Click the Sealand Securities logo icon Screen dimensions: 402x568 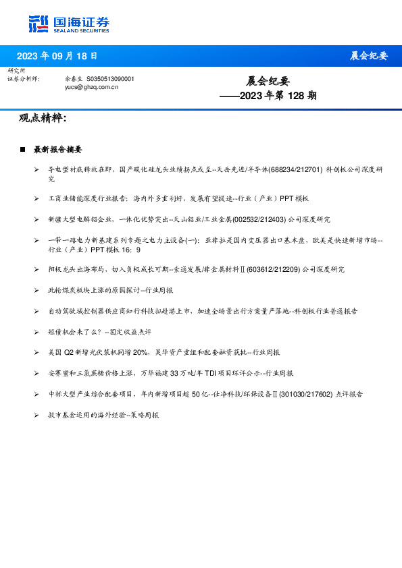[39, 24]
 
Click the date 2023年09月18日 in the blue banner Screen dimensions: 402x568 [57, 56]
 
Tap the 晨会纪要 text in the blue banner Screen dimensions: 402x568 [368, 56]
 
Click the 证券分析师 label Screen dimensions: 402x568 [23, 79]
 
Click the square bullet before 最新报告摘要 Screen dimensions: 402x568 [22, 149]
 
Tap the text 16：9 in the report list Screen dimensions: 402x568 [132, 249]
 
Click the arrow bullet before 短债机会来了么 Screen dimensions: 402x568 [36, 332]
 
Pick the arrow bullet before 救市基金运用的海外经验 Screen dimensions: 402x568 [36, 415]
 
